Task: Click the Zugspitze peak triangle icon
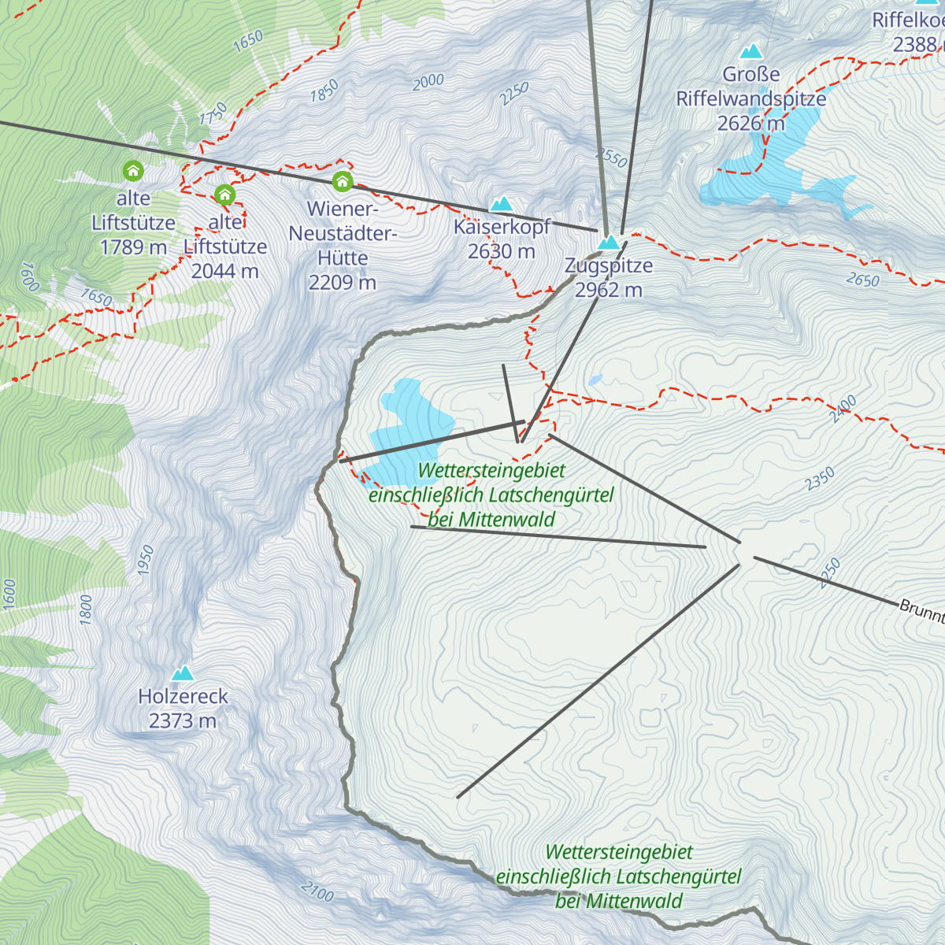coord(609,243)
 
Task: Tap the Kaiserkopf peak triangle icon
coord(502,205)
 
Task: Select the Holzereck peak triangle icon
coord(183,673)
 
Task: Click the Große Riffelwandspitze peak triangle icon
coord(751,52)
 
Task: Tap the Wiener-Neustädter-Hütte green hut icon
coord(342,182)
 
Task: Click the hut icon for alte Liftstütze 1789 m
coord(133,170)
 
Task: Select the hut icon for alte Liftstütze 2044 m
coord(225,195)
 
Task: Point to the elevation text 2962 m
coord(608,291)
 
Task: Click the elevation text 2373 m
coord(183,721)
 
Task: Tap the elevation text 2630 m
coord(501,252)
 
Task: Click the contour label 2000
coord(428,82)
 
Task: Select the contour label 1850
coord(324,91)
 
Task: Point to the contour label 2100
coord(317,891)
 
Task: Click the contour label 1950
coord(145,559)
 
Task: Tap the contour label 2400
coord(843,409)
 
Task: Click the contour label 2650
coord(862,280)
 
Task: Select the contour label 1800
coord(86,610)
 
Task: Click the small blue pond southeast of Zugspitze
coord(595,380)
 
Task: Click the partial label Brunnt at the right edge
coord(921,610)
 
